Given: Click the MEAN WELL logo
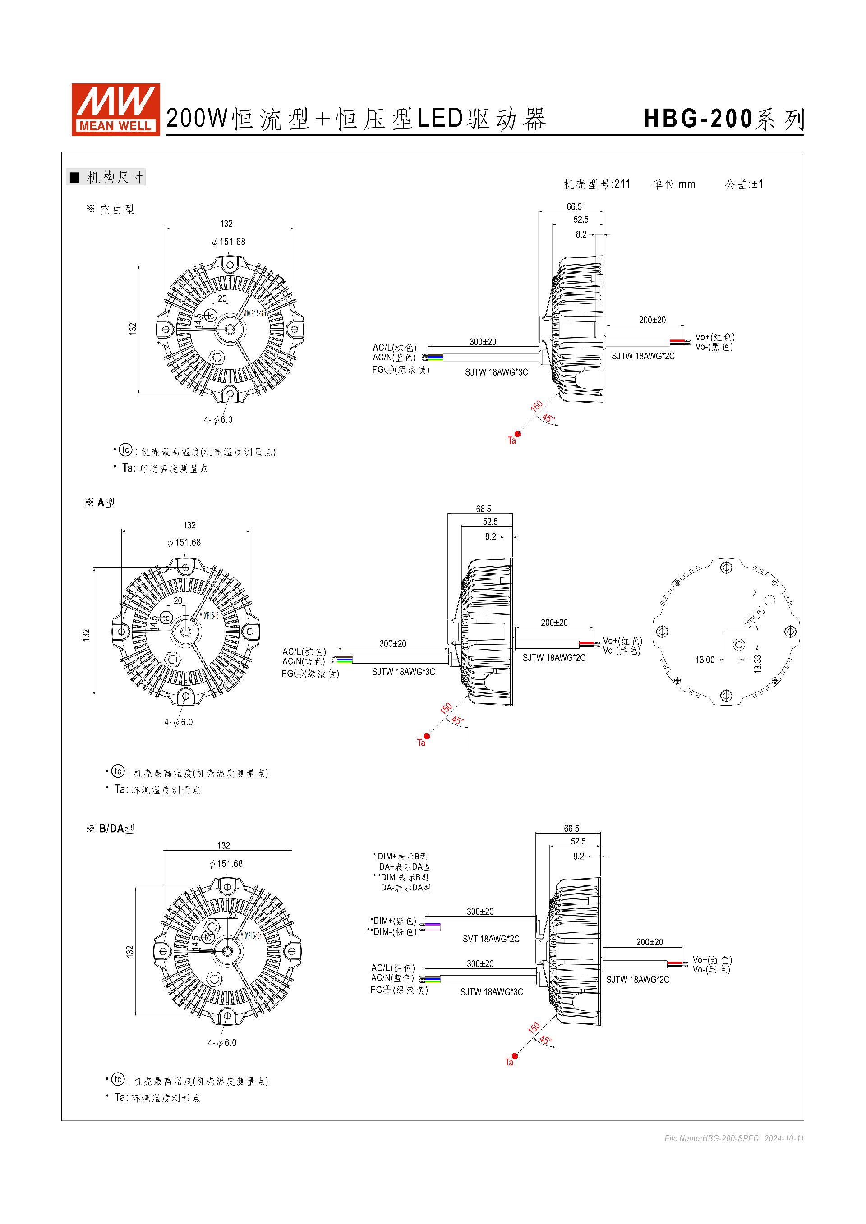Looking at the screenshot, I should tap(116, 109).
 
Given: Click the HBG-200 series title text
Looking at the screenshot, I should tap(723, 119).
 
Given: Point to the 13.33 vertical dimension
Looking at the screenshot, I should tap(758, 664).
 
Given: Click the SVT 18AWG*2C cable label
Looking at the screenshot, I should tap(491, 939).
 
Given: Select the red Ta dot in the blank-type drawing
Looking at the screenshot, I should tap(517, 434).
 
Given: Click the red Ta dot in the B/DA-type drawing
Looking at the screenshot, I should tap(515, 1056).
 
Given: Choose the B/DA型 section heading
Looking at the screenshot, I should tap(116, 829).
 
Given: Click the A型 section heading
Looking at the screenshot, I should tap(106, 502).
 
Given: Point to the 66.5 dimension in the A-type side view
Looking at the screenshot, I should tap(483, 509).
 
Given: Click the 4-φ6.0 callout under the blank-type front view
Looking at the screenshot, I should tap(218, 420).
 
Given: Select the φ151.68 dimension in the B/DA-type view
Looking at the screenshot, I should tap(226, 864).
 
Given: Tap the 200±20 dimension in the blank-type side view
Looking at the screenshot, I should tap(652, 320).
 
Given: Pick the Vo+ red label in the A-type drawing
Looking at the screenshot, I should tap(622, 641).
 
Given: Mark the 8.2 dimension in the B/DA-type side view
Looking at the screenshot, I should tap(579, 856).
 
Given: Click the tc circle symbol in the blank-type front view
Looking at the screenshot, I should tap(211, 316).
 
